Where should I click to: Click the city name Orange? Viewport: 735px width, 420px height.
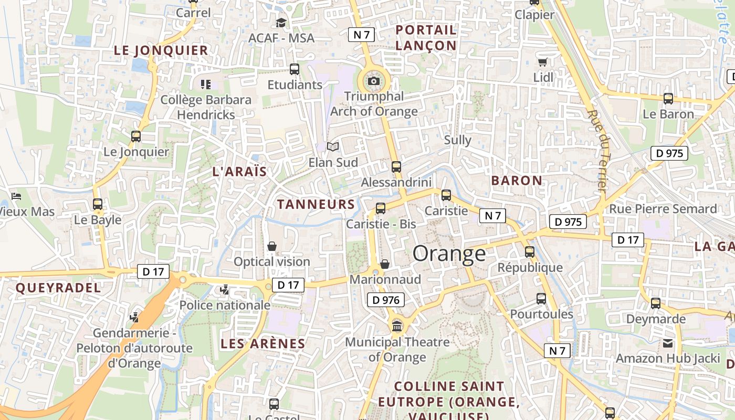pyautogui.click(x=449, y=254)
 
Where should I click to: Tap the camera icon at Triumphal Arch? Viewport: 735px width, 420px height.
pyautogui.click(x=374, y=81)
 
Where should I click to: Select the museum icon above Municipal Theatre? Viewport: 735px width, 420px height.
pyautogui.click(x=397, y=327)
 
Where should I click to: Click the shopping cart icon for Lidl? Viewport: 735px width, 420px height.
pyautogui.click(x=543, y=62)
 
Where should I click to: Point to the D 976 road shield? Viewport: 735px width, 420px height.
pyautogui.click(x=386, y=300)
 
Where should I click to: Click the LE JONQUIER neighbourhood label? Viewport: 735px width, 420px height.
pyautogui.click(x=161, y=50)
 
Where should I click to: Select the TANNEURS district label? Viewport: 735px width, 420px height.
pyautogui.click(x=316, y=204)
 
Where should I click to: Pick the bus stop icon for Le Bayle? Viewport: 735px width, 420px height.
pyautogui.click(x=98, y=204)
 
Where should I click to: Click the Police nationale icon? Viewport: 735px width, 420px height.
pyautogui.click(x=225, y=289)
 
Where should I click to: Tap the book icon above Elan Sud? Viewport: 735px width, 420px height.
pyautogui.click(x=333, y=146)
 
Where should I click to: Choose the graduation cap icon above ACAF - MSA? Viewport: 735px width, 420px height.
pyautogui.click(x=281, y=23)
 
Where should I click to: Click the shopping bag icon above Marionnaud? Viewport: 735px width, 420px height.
pyautogui.click(x=385, y=264)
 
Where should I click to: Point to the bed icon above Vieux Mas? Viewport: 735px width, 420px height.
pyautogui.click(x=16, y=196)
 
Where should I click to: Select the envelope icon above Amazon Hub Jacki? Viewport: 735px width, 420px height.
pyautogui.click(x=668, y=343)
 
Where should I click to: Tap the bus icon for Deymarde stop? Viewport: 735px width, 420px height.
pyautogui.click(x=656, y=303)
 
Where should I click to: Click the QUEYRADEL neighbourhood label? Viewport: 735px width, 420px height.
pyautogui.click(x=58, y=288)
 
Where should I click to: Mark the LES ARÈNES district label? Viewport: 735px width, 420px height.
pyautogui.click(x=262, y=344)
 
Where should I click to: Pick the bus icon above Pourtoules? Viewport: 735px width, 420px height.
pyautogui.click(x=541, y=299)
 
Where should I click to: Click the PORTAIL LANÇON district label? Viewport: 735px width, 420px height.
pyautogui.click(x=426, y=38)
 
